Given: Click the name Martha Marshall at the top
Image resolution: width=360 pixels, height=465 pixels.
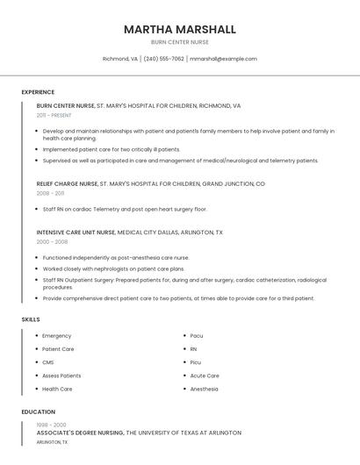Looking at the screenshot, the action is coord(179,29).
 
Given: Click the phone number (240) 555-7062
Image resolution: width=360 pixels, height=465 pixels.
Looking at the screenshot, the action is coord(164,59).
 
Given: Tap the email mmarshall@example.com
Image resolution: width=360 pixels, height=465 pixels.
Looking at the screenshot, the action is coord(223,59).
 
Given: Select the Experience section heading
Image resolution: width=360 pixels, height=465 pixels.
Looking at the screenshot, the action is coord(38,92).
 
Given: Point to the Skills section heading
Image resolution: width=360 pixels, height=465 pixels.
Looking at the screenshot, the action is coord(31,319).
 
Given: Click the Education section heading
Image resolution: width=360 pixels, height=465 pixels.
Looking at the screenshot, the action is coord(39,411).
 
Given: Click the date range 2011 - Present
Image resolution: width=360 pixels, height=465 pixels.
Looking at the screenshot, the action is coord(54,115).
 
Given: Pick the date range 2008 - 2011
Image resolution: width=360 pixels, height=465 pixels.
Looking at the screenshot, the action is coord(50,193).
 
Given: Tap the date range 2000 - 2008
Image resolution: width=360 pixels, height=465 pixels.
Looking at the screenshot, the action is coord(52,241).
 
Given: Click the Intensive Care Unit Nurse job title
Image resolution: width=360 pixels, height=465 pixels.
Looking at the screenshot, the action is coord(76,232).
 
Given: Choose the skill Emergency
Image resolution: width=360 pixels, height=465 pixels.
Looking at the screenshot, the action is coord(57,336).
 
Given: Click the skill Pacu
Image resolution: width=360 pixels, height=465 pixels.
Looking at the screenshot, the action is coord(197,336).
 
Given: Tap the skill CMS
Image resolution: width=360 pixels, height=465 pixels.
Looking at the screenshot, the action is coord(48,362).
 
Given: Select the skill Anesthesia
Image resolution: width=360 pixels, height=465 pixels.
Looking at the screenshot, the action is coord(205,389).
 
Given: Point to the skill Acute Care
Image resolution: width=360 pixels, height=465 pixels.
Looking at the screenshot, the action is coord(205,376).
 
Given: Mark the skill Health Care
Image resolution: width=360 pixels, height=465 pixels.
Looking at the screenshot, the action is coord(57,389).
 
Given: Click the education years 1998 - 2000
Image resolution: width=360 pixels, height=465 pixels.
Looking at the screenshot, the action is coord(51,425).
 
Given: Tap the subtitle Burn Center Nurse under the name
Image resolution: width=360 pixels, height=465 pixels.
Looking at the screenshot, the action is coord(179,42).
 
